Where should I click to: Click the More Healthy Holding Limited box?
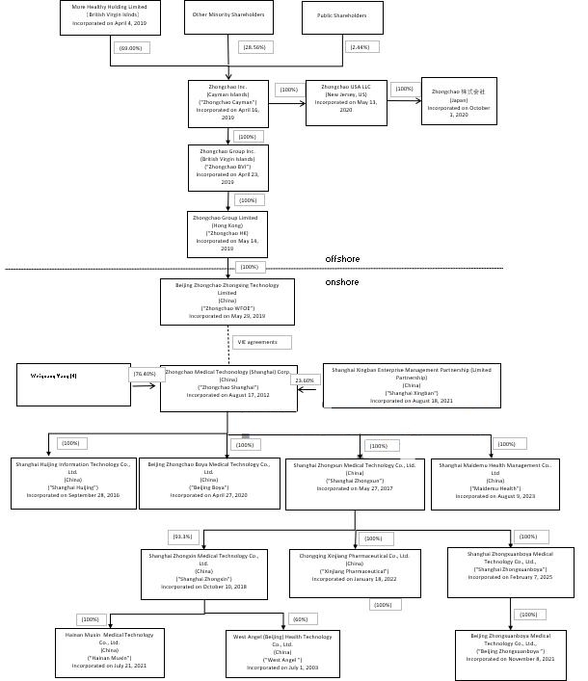(110, 16)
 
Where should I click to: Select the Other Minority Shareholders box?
(227, 16)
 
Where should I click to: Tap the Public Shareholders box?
(342, 16)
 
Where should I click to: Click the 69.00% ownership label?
(130, 48)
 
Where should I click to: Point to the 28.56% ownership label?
(255, 47)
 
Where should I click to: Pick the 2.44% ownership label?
(361, 47)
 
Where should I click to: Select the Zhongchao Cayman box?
(227, 103)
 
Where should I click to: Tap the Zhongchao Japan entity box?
(459, 101)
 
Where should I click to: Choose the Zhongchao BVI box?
(227, 167)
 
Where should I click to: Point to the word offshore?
(342, 259)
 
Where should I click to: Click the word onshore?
(341, 282)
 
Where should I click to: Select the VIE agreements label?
(261, 342)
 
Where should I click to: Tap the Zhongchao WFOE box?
(227, 301)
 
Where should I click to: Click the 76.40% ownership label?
(145, 374)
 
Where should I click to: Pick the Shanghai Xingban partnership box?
(412, 384)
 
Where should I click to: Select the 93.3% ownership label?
(183, 537)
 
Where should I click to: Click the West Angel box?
(282, 651)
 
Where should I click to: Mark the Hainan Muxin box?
(110, 650)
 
